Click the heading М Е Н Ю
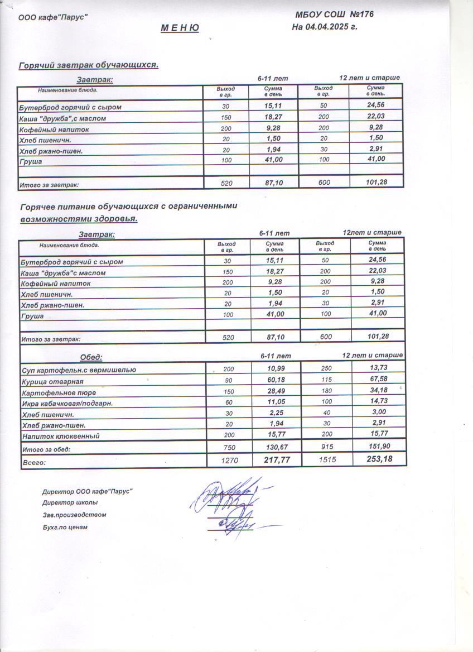[180, 28]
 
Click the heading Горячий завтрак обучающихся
[89, 65]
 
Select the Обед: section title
[91, 357]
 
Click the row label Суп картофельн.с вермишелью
[78, 370]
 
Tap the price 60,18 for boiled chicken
[275, 380]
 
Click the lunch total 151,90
[378, 447]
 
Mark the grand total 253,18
[379, 459]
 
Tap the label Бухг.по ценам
[65, 527]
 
